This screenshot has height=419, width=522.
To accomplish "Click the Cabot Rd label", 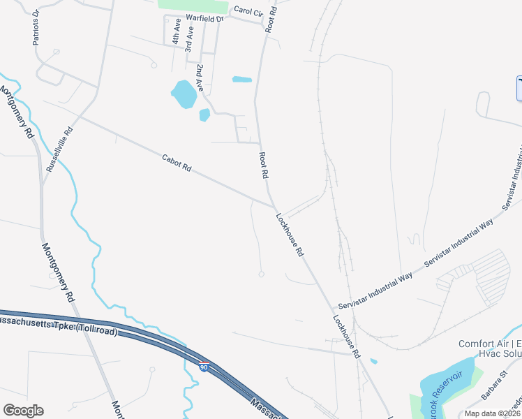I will point(177,163).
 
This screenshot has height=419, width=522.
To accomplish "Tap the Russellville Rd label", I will point(59,149).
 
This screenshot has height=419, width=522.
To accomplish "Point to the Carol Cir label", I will point(248,10).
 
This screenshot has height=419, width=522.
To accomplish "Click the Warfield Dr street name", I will point(204,19).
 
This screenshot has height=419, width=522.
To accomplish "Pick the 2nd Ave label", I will point(200,78).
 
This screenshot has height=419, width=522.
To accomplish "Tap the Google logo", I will point(23,411).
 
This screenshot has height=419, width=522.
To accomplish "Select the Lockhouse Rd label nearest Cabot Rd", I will point(290,235).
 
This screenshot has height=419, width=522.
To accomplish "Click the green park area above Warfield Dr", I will point(193,5).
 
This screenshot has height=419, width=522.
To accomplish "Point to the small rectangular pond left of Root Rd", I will point(241,79).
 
